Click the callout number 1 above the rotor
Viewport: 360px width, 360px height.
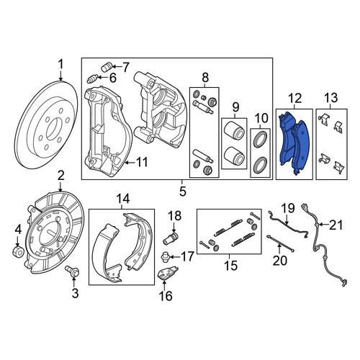point(61,65)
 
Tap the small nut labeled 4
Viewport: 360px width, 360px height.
point(18,251)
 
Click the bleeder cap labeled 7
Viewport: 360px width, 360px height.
point(107,67)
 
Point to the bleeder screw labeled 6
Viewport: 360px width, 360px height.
point(92,78)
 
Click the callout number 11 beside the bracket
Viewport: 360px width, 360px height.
point(142,162)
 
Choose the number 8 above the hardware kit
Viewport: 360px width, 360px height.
point(205,78)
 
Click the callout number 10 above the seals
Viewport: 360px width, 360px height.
point(261,118)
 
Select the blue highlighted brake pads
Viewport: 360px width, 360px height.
point(294,144)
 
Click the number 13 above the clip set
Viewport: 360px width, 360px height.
point(331,98)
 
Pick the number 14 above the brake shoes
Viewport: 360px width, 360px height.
point(123,199)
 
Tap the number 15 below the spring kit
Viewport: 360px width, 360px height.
point(230,266)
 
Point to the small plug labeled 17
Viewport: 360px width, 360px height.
point(166,256)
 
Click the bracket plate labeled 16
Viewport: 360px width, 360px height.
point(167,273)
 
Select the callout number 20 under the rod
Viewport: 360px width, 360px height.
point(280,260)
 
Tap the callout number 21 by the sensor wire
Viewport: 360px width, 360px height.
point(336,225)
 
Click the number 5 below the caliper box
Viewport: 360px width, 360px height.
point(182,192)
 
